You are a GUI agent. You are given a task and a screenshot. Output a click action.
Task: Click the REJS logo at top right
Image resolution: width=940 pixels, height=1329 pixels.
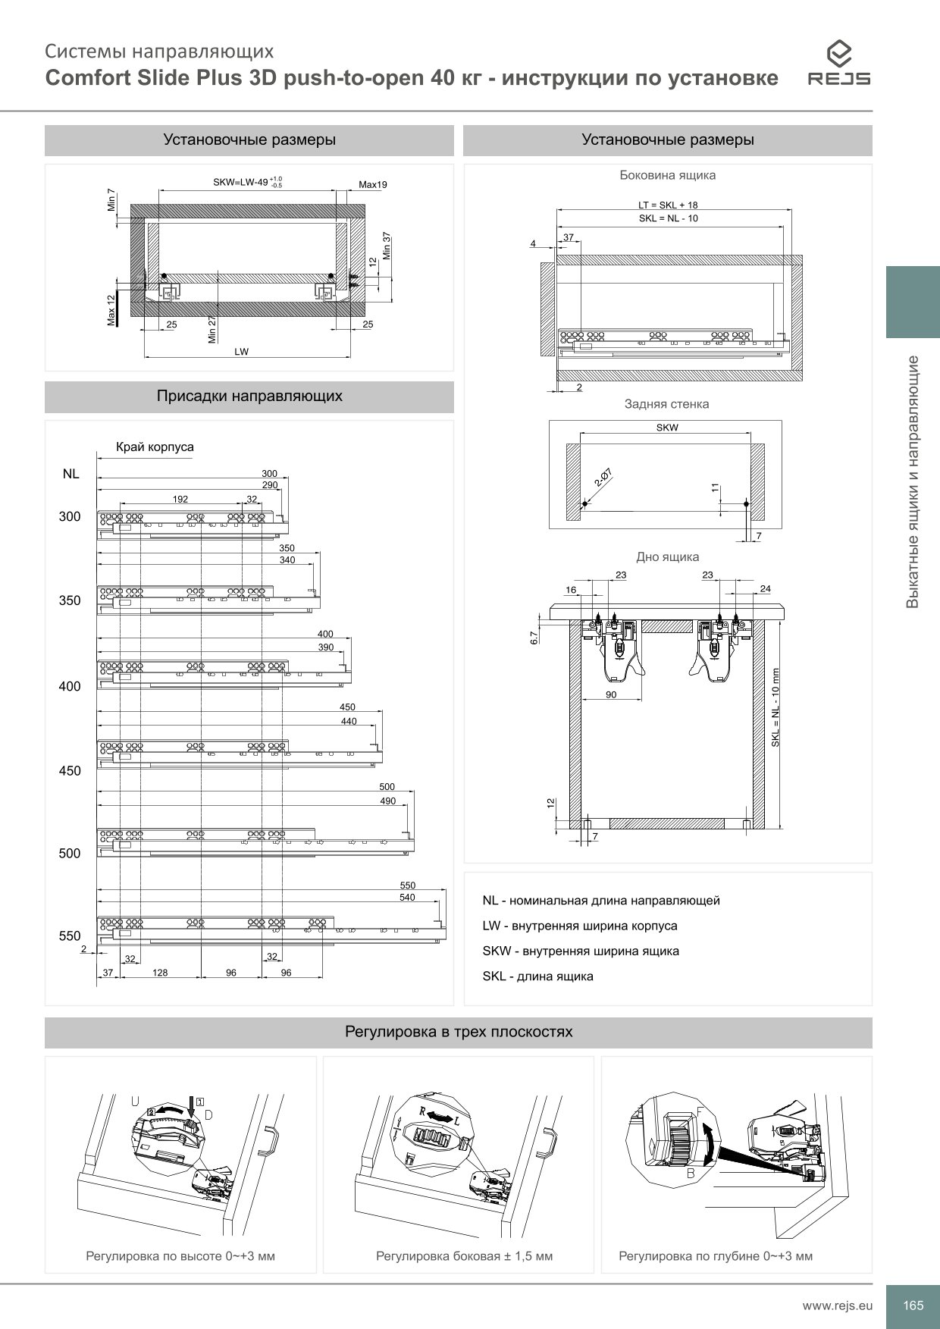tap(838, 64)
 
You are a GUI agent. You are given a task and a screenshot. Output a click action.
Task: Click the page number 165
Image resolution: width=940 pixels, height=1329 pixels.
tap(913, 1305)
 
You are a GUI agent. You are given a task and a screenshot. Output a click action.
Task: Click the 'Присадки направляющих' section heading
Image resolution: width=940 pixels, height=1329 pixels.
tap(249, 396)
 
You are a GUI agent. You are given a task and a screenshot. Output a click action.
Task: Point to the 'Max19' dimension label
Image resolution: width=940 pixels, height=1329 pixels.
tap(373, 184)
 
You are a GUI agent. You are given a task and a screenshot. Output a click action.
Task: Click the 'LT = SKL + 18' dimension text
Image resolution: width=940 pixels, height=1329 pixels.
tap(668, 205)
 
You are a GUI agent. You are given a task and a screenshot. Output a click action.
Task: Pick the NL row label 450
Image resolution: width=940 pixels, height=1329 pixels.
tap(70, 771)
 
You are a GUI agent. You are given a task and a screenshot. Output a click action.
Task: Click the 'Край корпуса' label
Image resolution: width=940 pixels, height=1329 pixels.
tap(155, 447)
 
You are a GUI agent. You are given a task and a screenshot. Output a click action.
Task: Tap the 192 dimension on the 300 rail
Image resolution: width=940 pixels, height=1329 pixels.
tap(180, 499)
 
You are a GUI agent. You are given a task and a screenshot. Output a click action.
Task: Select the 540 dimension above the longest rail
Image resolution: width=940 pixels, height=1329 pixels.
tap(407, 897)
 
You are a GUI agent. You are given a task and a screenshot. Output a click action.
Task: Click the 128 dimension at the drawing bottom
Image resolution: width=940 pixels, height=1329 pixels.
tap(160, 973)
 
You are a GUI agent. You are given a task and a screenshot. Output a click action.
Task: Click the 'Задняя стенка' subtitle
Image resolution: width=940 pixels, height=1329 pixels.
tap(666, 404)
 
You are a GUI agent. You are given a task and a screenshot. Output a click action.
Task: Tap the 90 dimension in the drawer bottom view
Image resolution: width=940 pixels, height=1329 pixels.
tap(611, 694)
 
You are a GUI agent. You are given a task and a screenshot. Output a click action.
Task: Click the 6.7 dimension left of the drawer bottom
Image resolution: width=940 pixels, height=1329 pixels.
tap(533, 638)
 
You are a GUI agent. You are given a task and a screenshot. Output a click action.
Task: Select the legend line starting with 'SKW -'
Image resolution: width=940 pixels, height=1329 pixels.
tap(581, 951)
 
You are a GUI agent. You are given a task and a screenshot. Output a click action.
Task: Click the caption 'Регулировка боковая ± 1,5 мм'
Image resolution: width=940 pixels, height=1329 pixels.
tap(464, 1256)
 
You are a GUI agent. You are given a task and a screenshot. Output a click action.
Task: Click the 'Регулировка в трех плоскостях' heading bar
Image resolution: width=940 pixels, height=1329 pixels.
tap(458, 1032)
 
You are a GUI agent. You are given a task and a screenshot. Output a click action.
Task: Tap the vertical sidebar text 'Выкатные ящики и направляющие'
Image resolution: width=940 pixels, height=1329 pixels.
tap(913, 481)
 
